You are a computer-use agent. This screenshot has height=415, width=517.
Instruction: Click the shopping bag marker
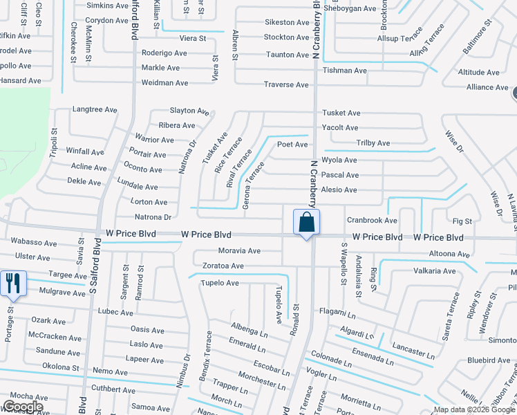pyautogui.click(x=306, y=223)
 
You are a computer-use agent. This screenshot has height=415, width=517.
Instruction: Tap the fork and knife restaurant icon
pyautogui.click(x=13, y=284)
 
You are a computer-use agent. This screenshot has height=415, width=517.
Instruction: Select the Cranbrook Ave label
pyautogui.click(x=372, y=221)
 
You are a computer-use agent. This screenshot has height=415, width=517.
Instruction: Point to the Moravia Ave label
pyautogui.click(x=239, y=251)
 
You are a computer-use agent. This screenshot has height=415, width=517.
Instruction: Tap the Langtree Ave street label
pyautogui.click(x=94, y=109)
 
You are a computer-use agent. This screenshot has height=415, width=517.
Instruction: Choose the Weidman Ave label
pyautogui.click(x=164, y=83)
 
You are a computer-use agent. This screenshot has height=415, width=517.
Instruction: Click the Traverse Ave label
pyautogui.click(x=286, y=84)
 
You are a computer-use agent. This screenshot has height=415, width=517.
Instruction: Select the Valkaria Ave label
pyautogui.click(x=434, y=271)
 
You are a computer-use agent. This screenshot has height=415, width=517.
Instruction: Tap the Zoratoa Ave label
pyautogui.click(x=222, y=266)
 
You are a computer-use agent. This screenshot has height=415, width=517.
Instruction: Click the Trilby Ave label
pyautogui.click(x=373, y=143)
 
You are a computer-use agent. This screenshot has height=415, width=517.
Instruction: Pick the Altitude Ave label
pyautogui.click(x=478, y=72)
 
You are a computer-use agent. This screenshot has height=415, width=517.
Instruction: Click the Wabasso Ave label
pyautogui.click(x=34, y=243)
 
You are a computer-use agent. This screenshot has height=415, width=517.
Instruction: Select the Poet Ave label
pyautogui.click(x=292, y=145)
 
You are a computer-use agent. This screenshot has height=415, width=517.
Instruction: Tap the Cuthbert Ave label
pyautogui.click(x=111, y=389)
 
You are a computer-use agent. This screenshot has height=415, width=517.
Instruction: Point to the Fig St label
pyautogui.click(x=462, y=221)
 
